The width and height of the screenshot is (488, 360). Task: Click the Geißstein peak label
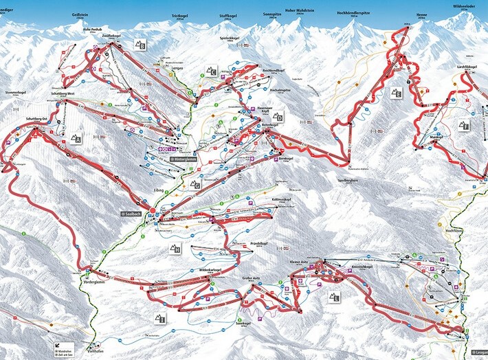[80, 14]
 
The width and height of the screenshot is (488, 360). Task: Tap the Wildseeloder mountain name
[465, 4]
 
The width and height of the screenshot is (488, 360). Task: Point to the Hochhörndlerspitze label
[355, 13]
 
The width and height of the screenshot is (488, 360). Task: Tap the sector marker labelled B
[141, 45]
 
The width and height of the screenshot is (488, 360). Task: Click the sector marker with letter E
[397, 93]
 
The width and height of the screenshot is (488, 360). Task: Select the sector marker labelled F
[464, 126]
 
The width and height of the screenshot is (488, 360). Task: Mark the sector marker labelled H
[175, 249]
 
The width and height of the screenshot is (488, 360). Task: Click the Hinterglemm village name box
[187, 159]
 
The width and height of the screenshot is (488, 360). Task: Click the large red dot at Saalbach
[152, 210]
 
